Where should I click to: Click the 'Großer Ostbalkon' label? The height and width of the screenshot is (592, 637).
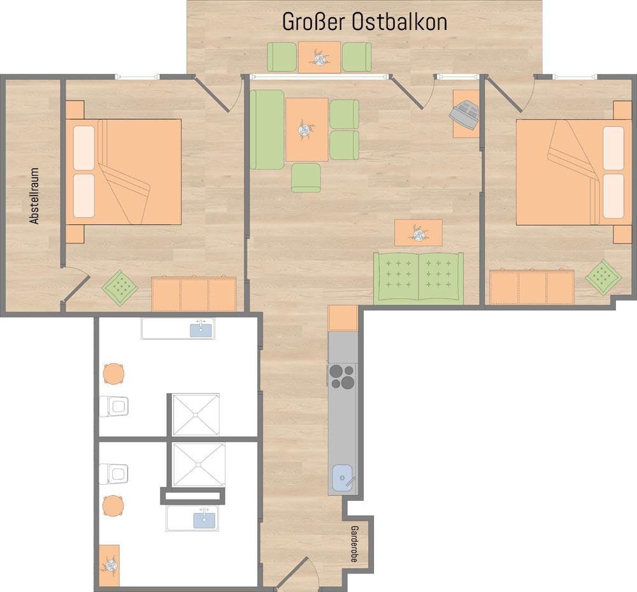point(364,22)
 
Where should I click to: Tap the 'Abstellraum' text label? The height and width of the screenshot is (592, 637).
point(34,196)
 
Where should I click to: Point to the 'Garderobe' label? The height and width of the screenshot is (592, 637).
point(354,544)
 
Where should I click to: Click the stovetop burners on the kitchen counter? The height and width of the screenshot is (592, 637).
point(342,377)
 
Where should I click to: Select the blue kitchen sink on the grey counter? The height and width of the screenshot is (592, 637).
point(343,478)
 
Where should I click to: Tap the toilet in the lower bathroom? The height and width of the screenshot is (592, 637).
point(114,473)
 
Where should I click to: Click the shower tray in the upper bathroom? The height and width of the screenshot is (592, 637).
point(196,414)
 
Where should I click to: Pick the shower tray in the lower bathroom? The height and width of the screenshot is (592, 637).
point(199,465)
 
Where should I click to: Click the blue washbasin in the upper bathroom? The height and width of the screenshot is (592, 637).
point(201,329)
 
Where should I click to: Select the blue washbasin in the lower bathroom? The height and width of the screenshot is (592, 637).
point(204,519)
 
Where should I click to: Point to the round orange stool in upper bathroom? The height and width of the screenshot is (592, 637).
point(114,374)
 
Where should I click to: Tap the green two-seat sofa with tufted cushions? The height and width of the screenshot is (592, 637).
point(419,278)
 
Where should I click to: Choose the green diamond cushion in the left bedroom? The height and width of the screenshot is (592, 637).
point(120,287)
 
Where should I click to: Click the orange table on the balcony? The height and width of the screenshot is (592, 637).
point(319,57)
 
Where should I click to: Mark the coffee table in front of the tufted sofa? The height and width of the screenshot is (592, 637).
point(419,233)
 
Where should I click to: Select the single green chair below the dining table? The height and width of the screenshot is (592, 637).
point(306,177)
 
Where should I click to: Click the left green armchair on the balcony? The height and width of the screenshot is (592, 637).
point(282,57)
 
